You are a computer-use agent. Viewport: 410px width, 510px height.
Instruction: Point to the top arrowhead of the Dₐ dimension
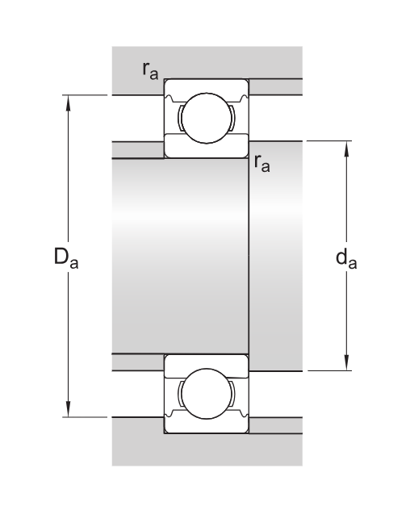coord(69,101)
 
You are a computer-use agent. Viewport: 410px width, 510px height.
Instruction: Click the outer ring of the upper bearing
coord(206,86)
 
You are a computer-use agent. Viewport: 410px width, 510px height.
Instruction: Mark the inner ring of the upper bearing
coord(206,149)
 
